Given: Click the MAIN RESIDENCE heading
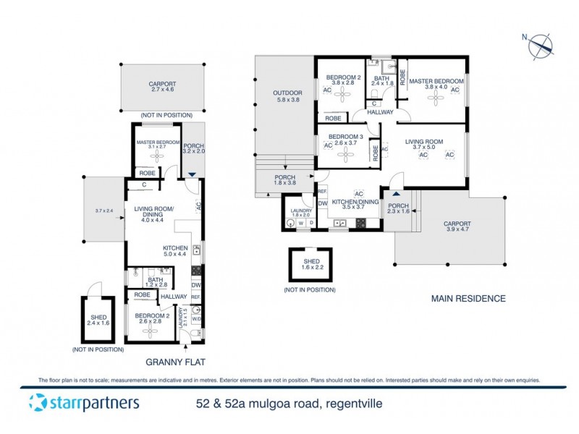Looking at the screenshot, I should [468, 298].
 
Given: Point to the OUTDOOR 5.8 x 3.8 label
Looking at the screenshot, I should [287, 97].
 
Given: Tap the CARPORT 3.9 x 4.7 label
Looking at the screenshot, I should [457, 228].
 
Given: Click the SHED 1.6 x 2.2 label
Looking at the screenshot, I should [311, 265].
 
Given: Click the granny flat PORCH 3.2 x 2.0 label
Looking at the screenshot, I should [193, 148].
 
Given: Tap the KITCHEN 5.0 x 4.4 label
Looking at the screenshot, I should [174, 251].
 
